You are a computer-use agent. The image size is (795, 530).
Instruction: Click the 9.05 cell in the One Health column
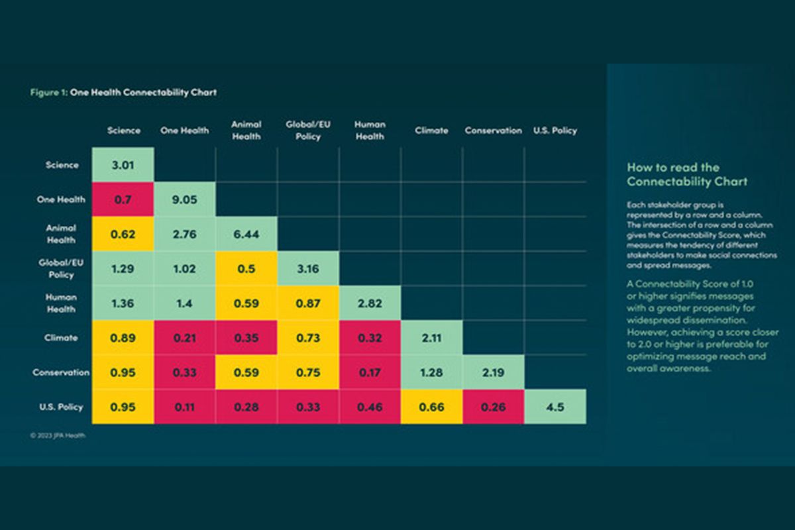tap(185, 199)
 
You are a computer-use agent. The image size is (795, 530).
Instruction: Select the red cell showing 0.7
tap(123, 199)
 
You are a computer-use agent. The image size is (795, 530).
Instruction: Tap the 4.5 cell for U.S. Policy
tap(555, 407)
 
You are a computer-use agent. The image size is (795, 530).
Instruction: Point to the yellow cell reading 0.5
tap(246, 268)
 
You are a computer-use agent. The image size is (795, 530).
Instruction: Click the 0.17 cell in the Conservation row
tap(370, 372)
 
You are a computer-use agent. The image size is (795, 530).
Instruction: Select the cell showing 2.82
tap(370, 303)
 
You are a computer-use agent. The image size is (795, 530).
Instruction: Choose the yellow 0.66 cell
tap(431, 407)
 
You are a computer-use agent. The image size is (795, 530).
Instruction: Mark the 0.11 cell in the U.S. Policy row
tap(185, 407)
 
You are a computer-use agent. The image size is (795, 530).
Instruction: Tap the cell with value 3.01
tap(123, 165)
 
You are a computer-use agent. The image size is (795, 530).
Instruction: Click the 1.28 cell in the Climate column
tap(431, 372)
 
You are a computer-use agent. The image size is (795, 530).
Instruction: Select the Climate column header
tap(431, 131)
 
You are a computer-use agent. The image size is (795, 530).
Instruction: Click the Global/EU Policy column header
tap(308, 130)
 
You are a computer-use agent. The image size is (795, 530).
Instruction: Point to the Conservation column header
tap(494, 131)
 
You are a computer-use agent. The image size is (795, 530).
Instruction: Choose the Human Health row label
tap(61, 303)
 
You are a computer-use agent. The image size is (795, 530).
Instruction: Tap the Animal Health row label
tap(61, 234)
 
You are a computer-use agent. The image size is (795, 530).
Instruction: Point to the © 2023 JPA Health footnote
tap(58, 436)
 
